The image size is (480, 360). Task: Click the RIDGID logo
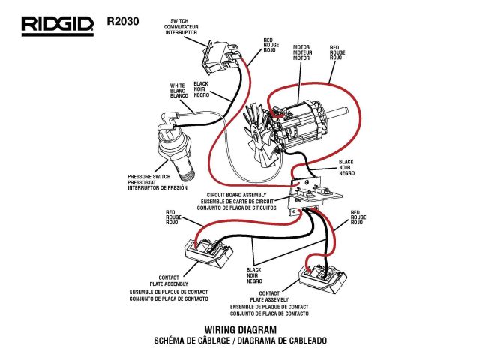pos(57,25)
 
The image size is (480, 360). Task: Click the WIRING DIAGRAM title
pos(240,329)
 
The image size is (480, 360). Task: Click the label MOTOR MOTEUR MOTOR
pos(301,51)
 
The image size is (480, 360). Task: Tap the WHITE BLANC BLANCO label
pos(178,91)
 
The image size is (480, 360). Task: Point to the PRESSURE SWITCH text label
pos(158,177)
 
